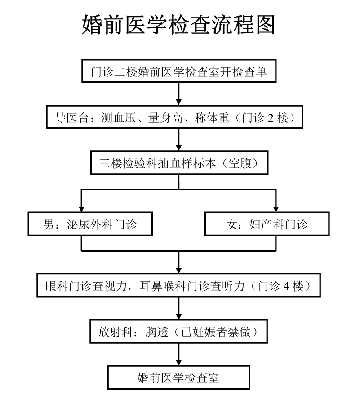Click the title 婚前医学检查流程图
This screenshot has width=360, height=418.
pos(178,25)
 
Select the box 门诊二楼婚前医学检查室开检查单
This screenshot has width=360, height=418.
pos(179,71)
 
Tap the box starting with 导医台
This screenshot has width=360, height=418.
pos(175,117)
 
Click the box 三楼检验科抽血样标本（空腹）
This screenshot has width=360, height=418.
pos(179,162)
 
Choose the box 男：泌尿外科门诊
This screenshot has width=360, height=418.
pos(90,224)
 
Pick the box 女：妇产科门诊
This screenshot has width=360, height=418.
pos(267,224)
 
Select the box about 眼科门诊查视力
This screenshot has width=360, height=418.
pos(178,285)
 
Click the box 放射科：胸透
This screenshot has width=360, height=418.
pos(178,331)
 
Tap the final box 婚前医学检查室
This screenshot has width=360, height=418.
pos(178,377)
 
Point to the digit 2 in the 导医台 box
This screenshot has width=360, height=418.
pos(271,118)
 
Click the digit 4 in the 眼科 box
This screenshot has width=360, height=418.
pos(286,286)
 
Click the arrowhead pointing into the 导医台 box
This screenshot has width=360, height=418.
pos(179,102)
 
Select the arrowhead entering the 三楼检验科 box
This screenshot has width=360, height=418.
pos(179,148)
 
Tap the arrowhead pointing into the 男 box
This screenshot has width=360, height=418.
pos(81,209)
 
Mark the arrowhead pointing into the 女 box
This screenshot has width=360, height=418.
pos(276,209)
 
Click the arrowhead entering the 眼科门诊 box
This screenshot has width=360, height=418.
pos(179,270)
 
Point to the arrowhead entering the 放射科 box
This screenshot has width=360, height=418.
pos(179,316)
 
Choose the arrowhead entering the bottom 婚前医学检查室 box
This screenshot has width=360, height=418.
pos(179,362)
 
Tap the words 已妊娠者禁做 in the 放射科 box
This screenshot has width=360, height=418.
pos(216,332)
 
